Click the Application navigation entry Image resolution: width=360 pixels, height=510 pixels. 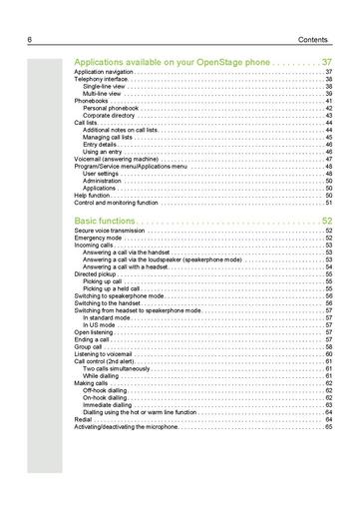pyautogui.click(x=104, y=73)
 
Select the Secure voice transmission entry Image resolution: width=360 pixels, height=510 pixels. pyautogui.click(x=109, y=231)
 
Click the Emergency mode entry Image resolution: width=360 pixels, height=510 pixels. pyautogui.click(x=98, y=238)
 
